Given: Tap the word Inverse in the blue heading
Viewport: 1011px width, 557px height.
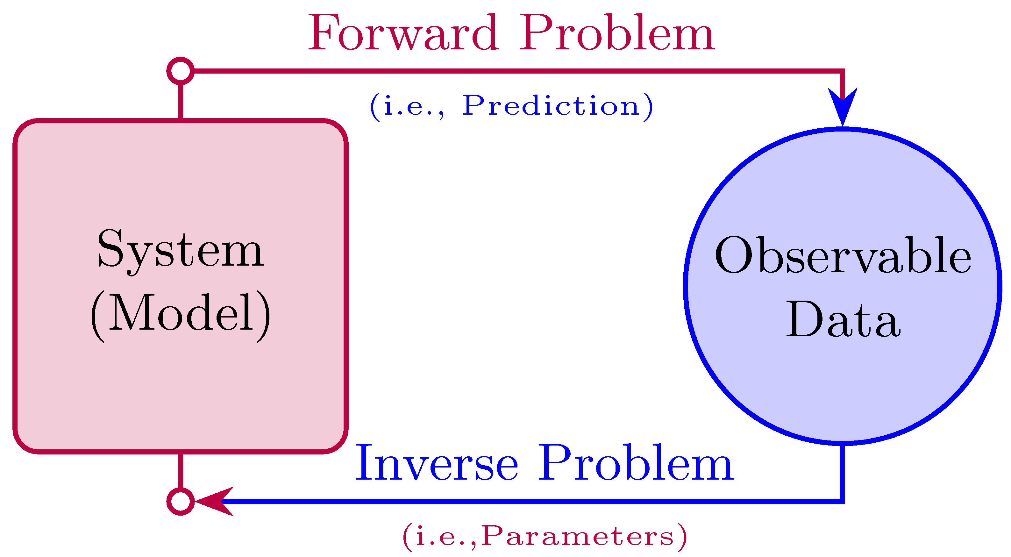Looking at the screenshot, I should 436,463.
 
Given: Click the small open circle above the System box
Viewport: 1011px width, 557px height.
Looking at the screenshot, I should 181,71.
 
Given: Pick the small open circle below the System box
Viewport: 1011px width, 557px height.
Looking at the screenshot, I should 181,501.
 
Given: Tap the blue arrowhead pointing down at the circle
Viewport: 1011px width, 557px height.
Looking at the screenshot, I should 843,106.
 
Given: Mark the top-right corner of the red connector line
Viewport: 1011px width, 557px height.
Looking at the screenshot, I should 843,71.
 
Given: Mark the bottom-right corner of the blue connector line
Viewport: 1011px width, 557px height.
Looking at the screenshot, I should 843,501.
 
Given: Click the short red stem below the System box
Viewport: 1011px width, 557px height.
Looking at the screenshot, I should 181,471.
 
